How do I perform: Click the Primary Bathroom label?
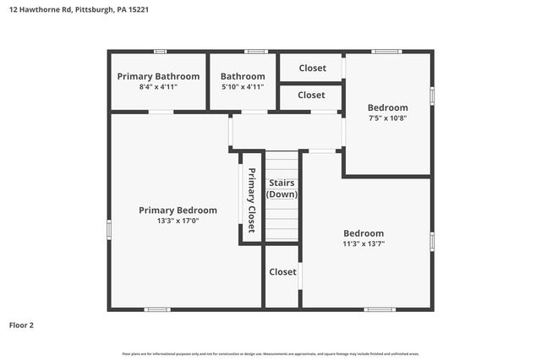click(x=158, y=76)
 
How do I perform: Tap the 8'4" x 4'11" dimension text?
click(x=158, y=86)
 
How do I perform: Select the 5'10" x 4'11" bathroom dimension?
click(x=243, y=86)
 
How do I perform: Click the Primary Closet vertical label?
click(x=251, y=194)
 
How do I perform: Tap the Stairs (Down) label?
click(x=282, y=189)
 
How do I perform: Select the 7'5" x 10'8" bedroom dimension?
click(x=387, y=118)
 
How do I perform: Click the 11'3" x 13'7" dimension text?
click(x=363, y=243)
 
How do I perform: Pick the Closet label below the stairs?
click(x=282, y=272)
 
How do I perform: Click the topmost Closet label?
click(x=311, y=68)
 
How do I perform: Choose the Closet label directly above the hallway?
click(x=311, y=96)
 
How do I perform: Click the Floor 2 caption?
click(x=22, y=325)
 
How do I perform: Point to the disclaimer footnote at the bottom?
click(x=270, y=353)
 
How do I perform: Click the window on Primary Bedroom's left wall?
click(x=109, y=229)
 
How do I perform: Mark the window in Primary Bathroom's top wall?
click(x=160, y=52)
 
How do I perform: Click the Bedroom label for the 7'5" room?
click(x=387, y=107)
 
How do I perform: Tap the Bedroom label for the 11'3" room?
click(x=363, y=233)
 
